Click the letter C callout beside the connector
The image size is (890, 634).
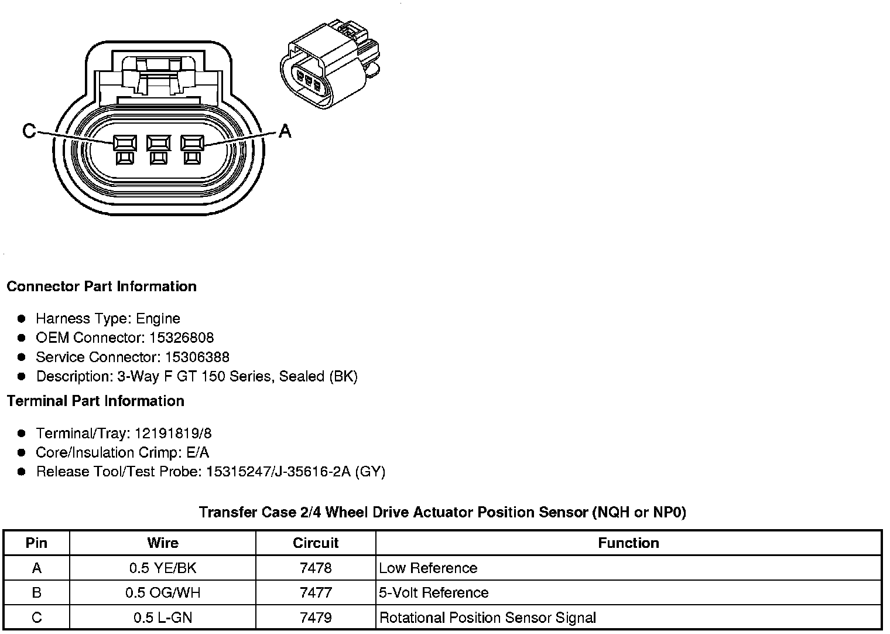29,131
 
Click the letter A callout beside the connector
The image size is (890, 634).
285,131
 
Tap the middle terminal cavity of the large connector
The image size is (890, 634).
158,144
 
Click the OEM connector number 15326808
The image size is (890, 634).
190,338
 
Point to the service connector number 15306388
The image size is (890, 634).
197,357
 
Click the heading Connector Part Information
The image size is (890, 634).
101,287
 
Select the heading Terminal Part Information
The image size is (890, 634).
95,401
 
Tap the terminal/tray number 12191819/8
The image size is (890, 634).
173,434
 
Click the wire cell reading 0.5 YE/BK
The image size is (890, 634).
163,568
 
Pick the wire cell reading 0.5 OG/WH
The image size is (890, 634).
163,593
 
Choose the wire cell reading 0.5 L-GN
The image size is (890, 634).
163,618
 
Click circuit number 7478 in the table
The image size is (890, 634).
316,568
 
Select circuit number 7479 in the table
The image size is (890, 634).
316,618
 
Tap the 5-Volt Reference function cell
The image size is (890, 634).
434,593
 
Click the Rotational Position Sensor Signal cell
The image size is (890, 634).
488,618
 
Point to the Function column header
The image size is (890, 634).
628,543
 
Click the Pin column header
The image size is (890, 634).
36,543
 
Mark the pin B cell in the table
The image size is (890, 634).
36,593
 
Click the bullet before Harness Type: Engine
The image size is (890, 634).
22,319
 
